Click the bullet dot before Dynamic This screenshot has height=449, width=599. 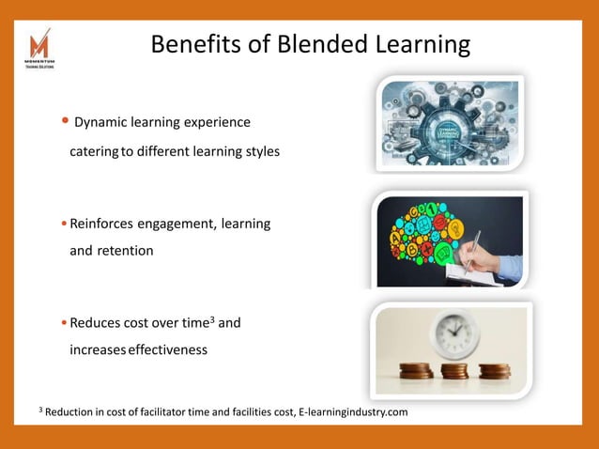pyautogui.click(x=65, y=121)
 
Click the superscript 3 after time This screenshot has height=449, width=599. pyautogui.click(x=211, y=319)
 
